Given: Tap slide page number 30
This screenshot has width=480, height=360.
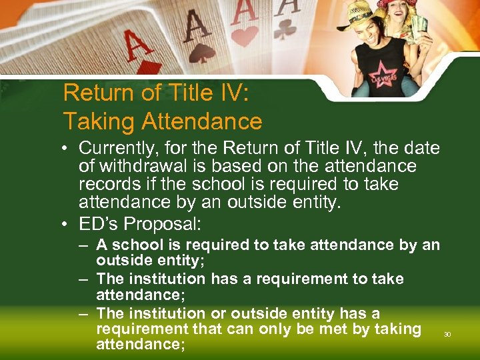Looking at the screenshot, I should pos(447,334).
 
